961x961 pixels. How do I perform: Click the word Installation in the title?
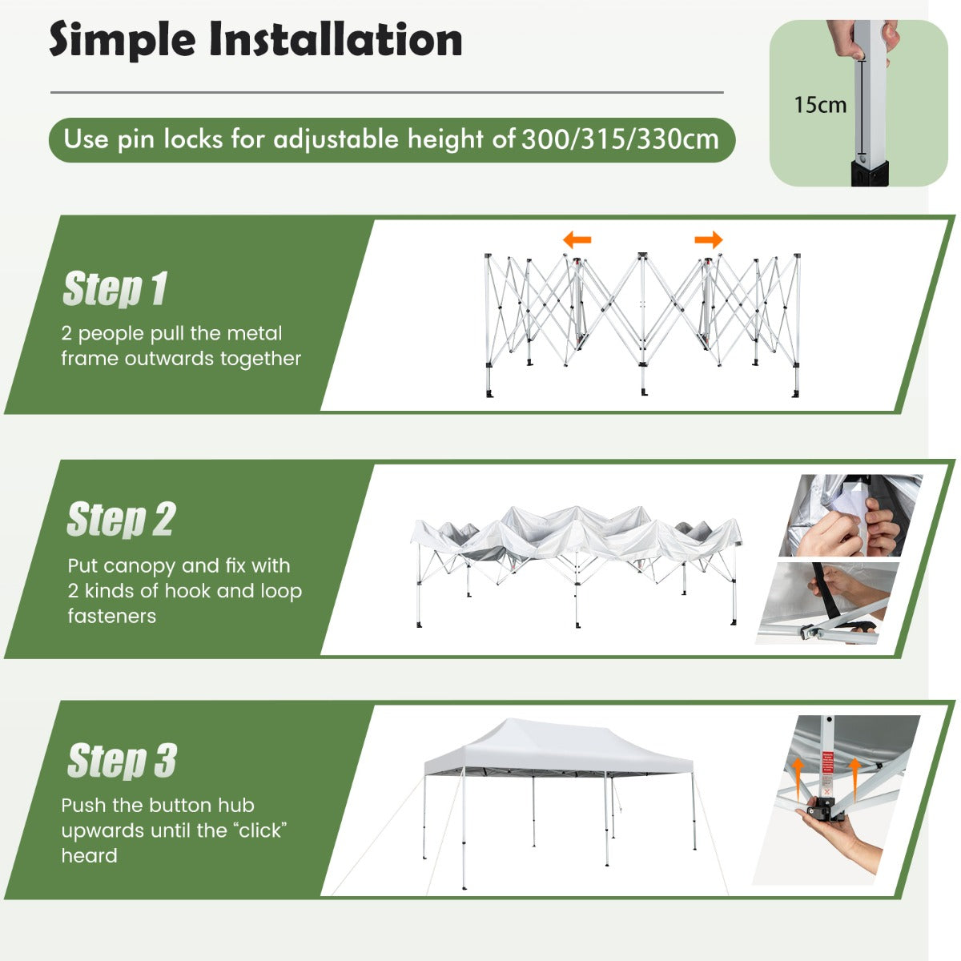click(x=336, y=39)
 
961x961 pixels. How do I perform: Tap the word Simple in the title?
click(x=123, y=41)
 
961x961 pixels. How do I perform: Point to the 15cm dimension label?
click(x=820, y=105)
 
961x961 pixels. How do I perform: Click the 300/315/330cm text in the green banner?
click(x=620, y=139)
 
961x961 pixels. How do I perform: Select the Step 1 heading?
click(x=115, y=288)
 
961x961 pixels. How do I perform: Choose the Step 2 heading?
click(x=121, y=520)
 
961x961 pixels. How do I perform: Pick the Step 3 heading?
click(x=123, y=761)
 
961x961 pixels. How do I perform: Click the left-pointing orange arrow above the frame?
click(x=577, y=240)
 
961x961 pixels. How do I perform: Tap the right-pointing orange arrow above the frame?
click(x=709, y=240)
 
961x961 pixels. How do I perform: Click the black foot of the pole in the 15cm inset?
click(x=870, y=174)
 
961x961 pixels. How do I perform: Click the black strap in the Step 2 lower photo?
click(x=823, y=596)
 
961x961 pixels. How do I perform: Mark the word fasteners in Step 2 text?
click(x=111, y=617)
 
